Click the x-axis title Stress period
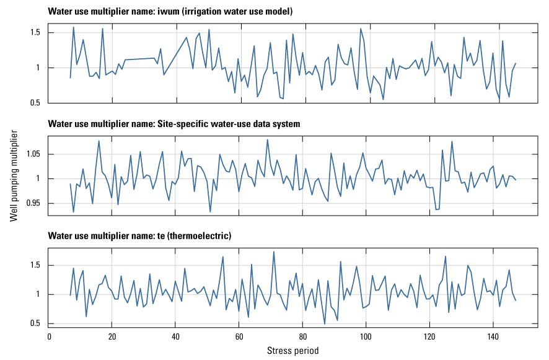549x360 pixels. (x=293, y=351)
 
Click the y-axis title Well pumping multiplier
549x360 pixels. (x=14, y=175)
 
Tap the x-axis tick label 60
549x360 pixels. (x=239, y=336)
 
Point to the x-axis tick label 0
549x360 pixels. (x=49, y=336)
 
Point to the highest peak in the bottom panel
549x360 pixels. (x=274, y=252)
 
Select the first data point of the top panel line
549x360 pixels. (x=71, y=77)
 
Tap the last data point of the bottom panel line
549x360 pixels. (x=516, y=301)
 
